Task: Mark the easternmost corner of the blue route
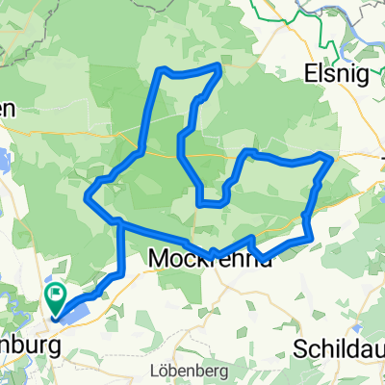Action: (x=332, y=156)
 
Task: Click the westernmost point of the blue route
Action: (x=88, y=200)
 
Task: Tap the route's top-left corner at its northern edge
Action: (x=162, y=69)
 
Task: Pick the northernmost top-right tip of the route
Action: (x=220, y=66)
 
